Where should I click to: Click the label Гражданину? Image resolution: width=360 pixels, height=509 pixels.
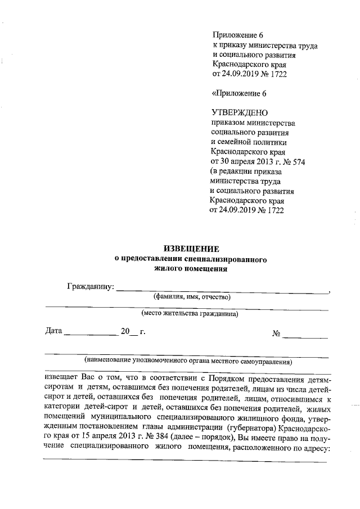click(x=90, y=287)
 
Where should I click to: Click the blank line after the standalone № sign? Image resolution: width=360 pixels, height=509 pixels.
click(x=305, y=336)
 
